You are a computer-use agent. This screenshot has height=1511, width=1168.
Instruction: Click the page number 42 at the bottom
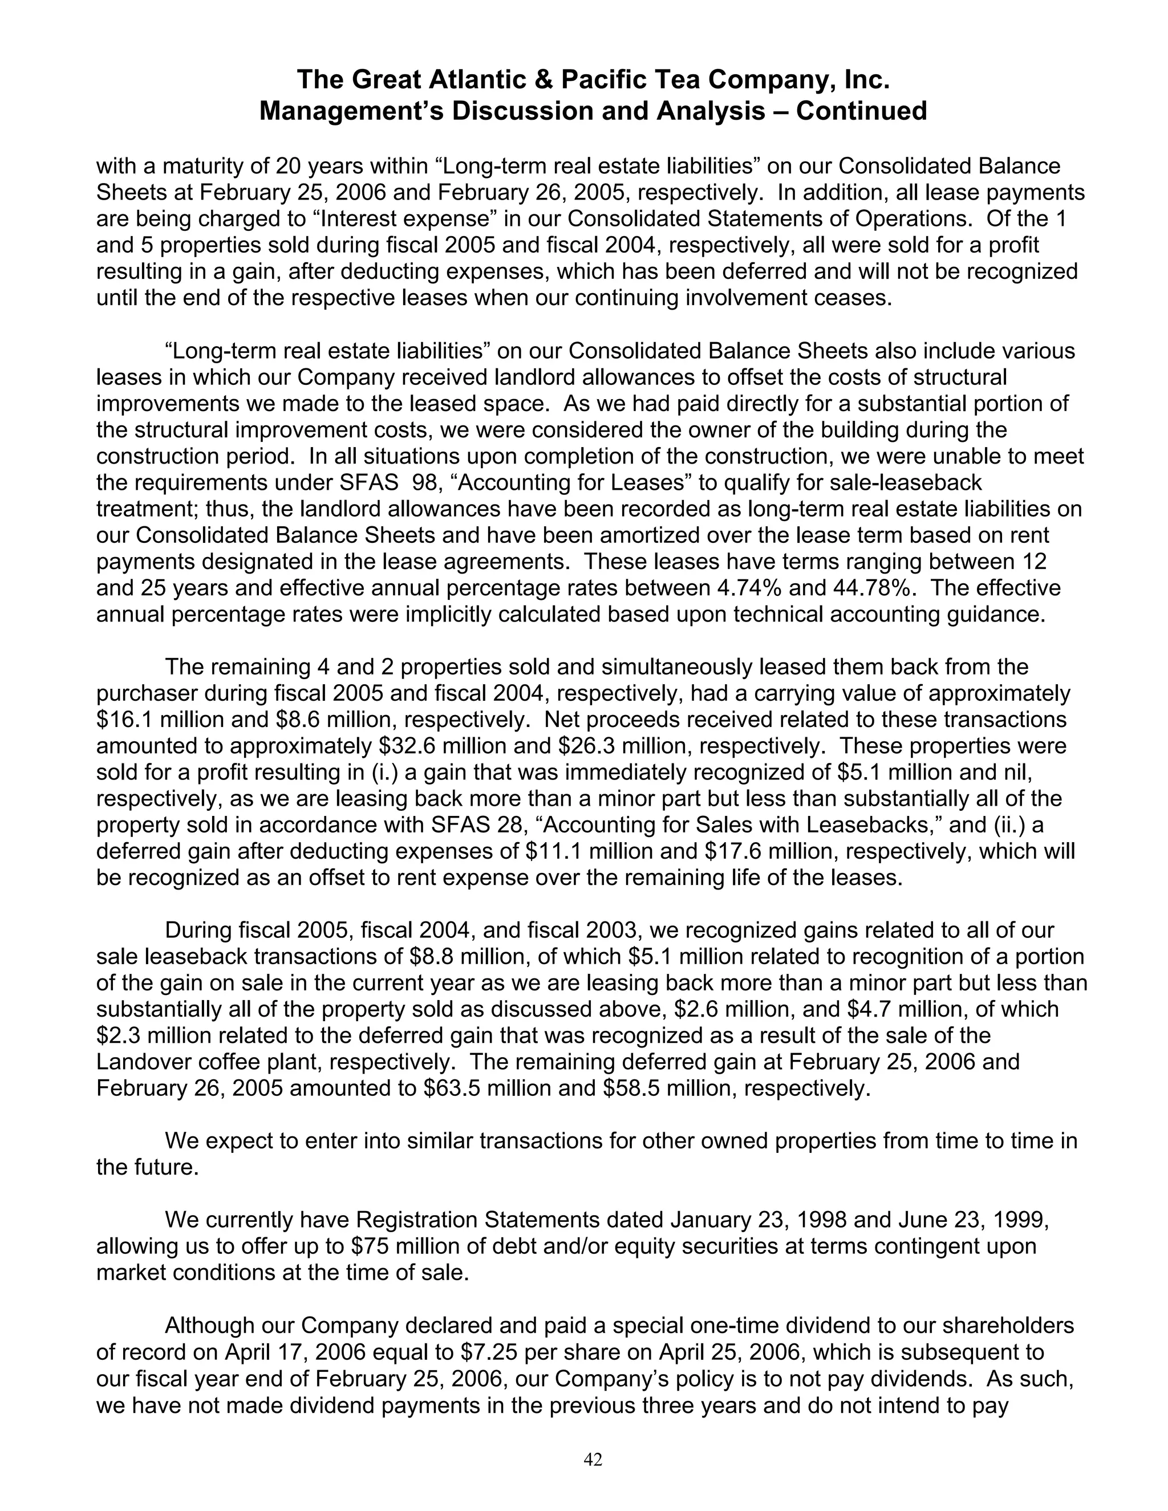point(593,1459)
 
